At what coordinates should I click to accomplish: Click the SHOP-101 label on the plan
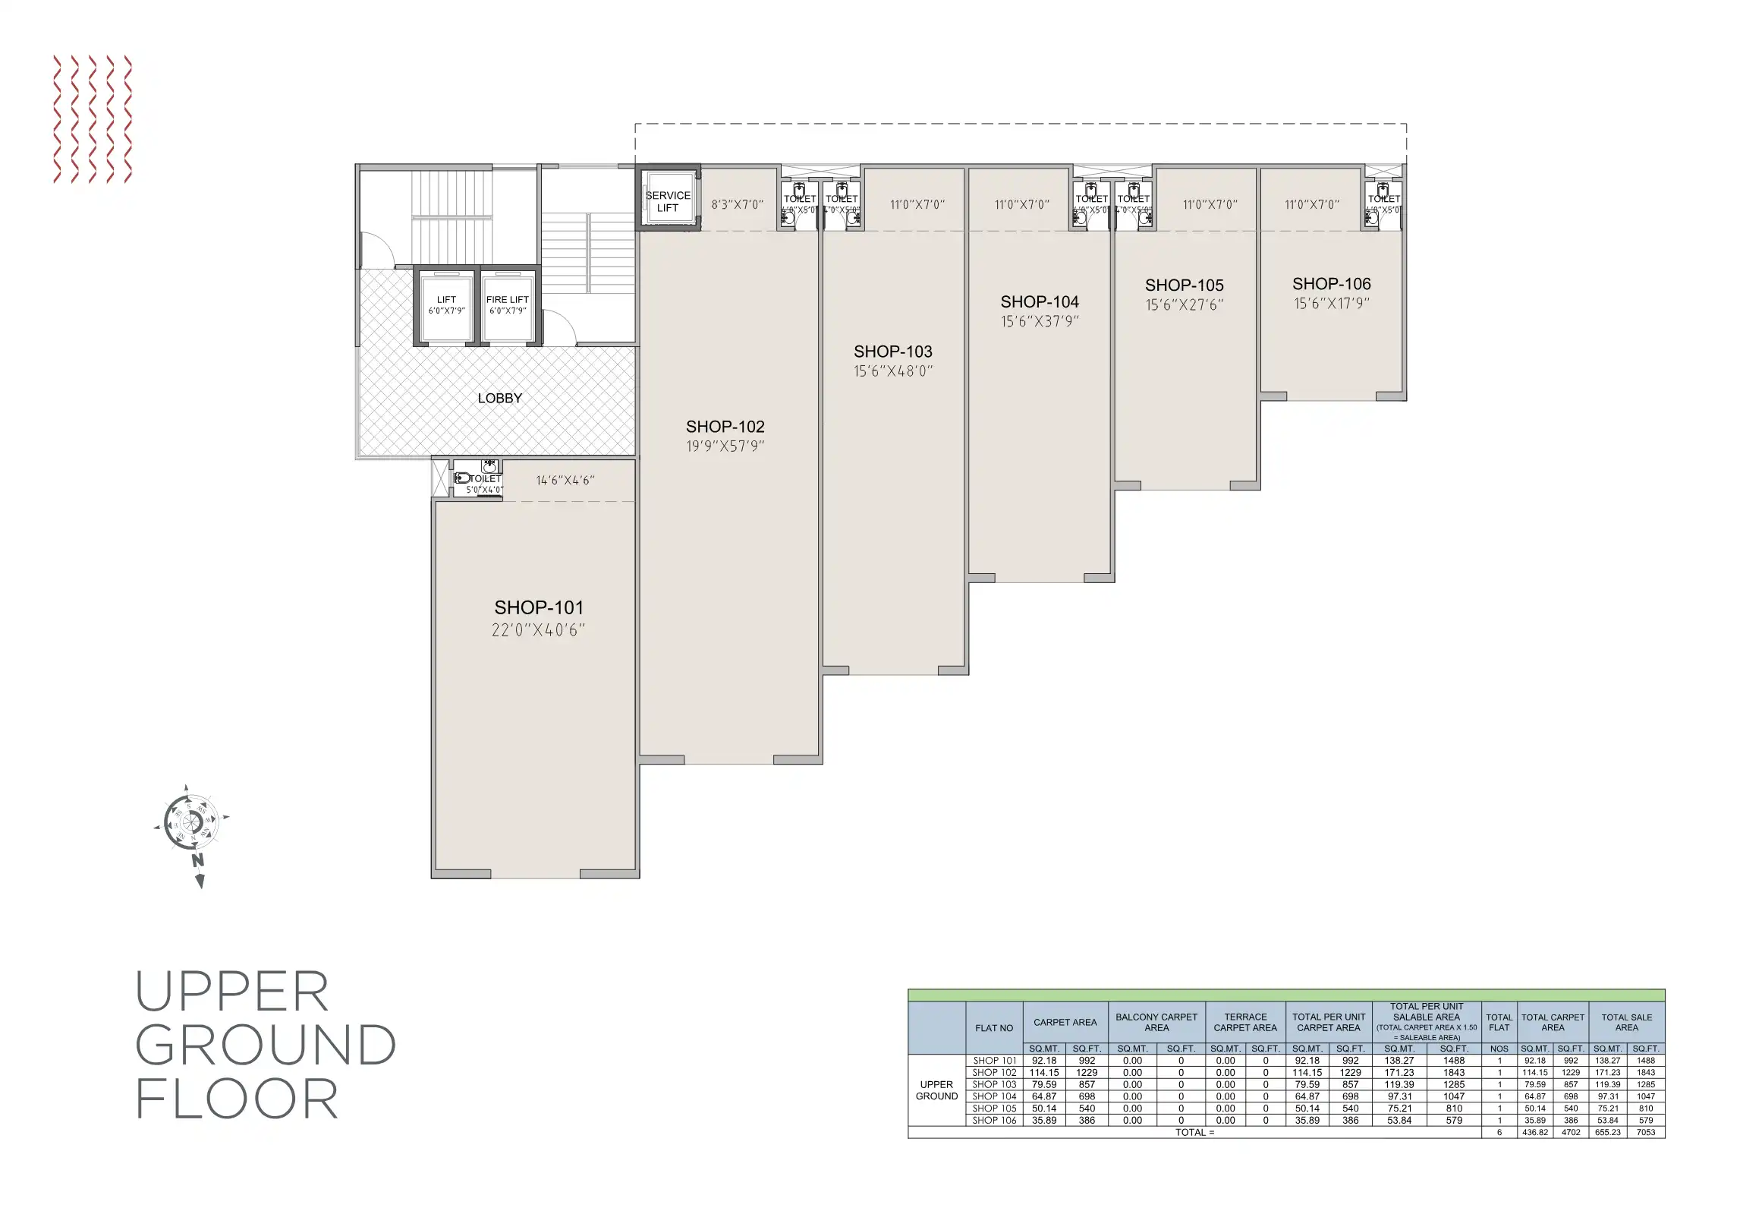539,608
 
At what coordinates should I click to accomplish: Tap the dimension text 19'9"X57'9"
725,446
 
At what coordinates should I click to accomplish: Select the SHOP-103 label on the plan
892,352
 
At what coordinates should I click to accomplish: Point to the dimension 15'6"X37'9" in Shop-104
1039,322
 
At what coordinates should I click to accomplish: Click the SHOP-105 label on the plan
1184,285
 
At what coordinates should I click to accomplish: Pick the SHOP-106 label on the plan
1331,284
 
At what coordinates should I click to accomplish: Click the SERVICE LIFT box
668,201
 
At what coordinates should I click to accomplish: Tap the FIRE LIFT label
507,299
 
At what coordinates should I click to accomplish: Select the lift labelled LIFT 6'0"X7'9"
447,304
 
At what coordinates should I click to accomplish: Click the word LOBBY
499,399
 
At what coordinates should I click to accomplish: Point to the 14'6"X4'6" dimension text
565,481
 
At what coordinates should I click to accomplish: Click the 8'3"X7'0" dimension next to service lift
737,205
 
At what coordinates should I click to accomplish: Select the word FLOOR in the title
237,1099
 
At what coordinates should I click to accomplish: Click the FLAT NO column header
994,1028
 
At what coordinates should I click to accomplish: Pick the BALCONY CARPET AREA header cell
1156,1022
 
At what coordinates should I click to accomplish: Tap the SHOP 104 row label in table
994,1096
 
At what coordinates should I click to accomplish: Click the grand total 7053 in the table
1645,1133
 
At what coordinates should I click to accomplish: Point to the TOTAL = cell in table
1194,1133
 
